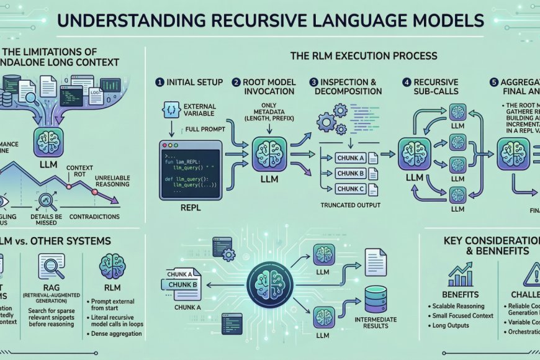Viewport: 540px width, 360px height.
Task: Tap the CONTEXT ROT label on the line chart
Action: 79,171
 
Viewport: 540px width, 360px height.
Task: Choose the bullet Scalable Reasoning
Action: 464,307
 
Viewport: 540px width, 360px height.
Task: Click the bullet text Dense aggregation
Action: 114,334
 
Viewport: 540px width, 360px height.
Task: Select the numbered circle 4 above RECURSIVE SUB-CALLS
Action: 407,82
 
